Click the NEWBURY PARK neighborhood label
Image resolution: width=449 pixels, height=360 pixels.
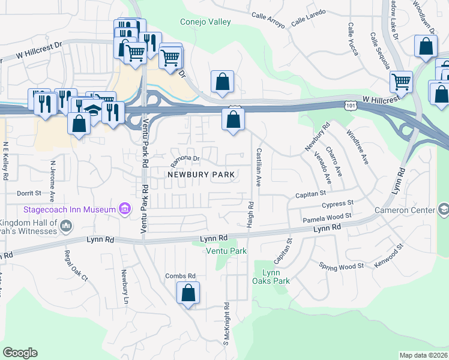pos(200,174)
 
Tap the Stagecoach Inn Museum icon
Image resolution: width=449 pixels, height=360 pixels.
pos(125,209)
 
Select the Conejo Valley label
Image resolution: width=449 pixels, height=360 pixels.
pos(205,22)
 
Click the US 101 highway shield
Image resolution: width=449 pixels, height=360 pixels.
pos(349,106)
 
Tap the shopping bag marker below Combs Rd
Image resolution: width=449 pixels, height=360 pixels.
pos(188,293)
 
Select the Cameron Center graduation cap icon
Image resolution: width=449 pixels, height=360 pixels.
pos(443,209)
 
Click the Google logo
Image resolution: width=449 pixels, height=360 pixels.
pos(20,352)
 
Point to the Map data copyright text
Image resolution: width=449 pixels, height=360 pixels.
pos(424,355)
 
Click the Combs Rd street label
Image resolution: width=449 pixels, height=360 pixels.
pos(181,276)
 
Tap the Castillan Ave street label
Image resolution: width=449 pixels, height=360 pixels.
pos(259,168)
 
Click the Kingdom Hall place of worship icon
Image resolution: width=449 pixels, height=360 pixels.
pos(66,226)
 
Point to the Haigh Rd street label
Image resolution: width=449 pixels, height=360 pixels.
pos(251,213)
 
